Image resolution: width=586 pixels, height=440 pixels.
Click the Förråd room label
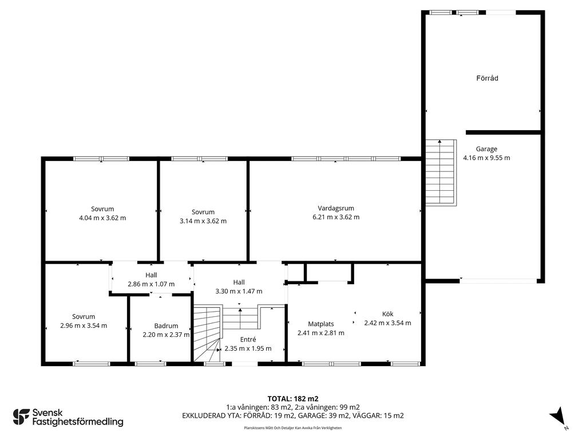tap(487, 78)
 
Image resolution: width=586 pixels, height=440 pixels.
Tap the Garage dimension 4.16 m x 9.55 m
tap(486, 158)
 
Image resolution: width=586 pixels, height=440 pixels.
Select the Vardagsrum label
tap(335, 208)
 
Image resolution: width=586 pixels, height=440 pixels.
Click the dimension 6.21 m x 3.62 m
tap(335, 217)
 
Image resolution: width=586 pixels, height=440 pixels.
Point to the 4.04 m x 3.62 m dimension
tap(102, 218)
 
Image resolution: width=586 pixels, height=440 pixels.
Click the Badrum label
tap(166, 326)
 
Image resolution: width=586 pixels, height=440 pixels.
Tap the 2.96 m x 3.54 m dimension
tap(84, 325)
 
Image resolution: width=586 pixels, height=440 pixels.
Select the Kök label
tap(387, 314)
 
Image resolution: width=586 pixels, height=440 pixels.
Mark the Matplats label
tap(320, 324)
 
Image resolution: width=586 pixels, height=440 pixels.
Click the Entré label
tap(248, 339)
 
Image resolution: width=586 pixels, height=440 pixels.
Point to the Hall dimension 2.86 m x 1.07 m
tap(151, 284)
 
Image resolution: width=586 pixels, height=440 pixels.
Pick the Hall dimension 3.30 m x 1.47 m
tap(239, 291)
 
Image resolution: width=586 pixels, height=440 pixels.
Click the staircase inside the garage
tap(441, 172)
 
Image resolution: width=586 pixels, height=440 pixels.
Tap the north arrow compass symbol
tap(558, 416)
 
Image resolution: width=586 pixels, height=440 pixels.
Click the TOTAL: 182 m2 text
tap(292, 399)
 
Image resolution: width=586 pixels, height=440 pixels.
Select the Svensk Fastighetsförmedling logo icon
tap(21, 417)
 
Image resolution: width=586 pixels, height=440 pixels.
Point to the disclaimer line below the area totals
tap(292, 427)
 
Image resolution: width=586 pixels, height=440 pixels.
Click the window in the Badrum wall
tap(151, 363)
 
